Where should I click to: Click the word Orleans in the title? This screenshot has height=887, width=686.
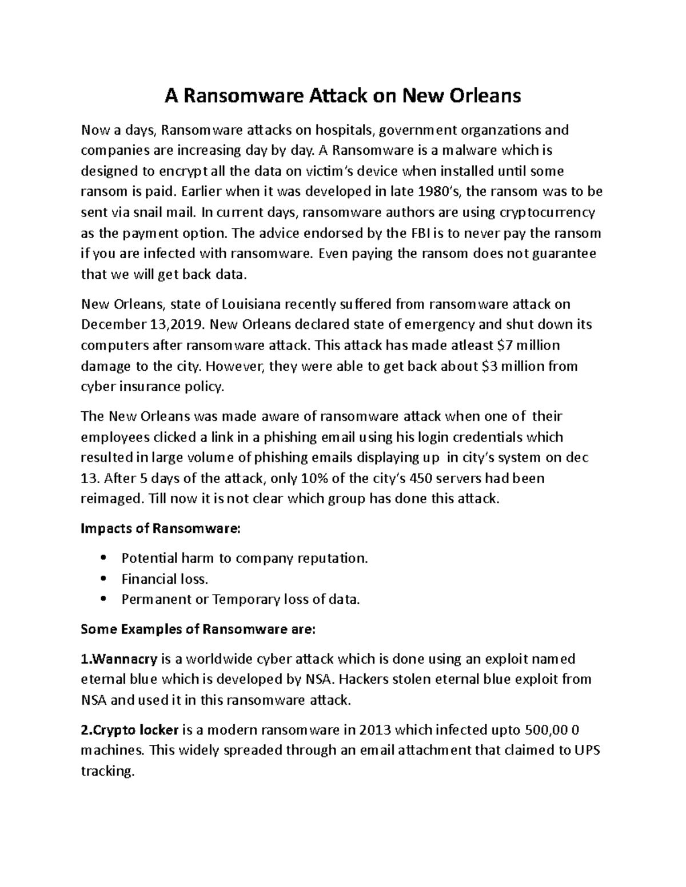(485, 96)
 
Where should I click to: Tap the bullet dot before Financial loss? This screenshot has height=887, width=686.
(103, 579)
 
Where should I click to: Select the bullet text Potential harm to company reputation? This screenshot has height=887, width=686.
(245, 558)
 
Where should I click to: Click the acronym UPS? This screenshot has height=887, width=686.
(586, 750)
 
